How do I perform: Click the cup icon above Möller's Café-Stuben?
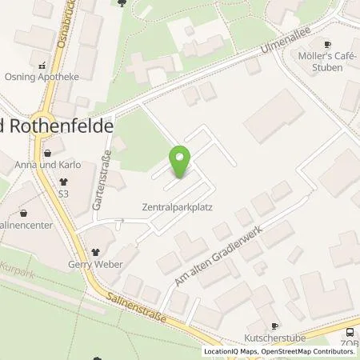coord(326,45)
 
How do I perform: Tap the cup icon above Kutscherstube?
coord(274,326)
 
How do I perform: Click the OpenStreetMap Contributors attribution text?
coord(308,351)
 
